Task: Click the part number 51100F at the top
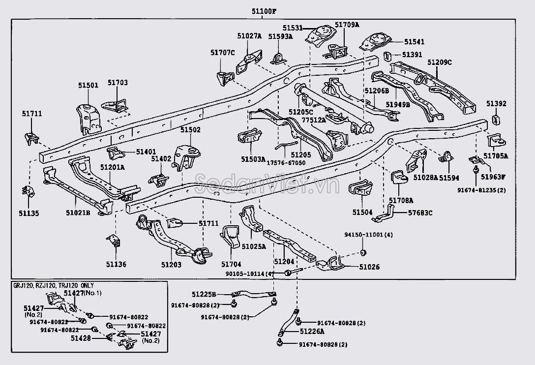(264, 11)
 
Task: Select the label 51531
(293, 28)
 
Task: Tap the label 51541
(414, 42)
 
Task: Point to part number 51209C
(440, 62)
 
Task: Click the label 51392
(497, 103)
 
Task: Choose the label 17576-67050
(286, 163)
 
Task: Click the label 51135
(29, 213)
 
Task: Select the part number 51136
(116, 264)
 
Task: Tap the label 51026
(369, 267)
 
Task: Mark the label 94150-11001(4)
(368, 235)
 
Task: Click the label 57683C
(420, 213)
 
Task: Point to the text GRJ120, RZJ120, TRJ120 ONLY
(54, 285)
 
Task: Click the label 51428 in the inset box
(81, 338)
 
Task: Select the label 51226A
(312, 331)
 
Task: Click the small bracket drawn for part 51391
(387, 56)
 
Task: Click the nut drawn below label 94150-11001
(363, 252)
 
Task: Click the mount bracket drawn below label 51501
(88, 119)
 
